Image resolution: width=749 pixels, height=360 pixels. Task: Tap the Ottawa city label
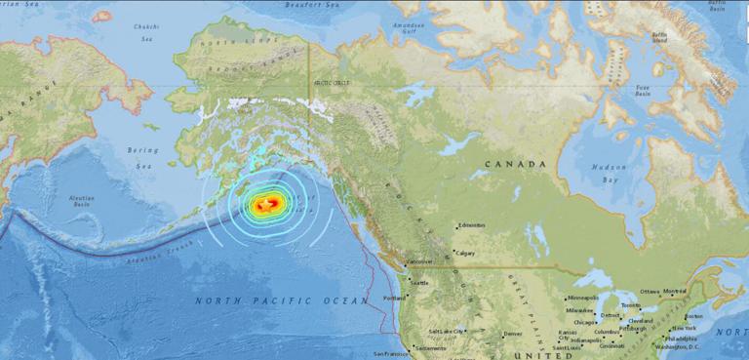point(650,292)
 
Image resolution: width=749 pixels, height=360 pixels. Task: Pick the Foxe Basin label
point(642,94)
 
